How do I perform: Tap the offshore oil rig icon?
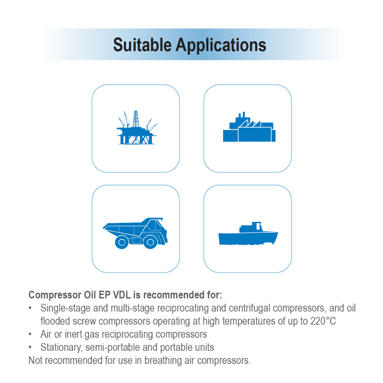coord(135,128)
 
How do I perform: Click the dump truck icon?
coord(135,232)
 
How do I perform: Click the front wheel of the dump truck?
coord(150,242)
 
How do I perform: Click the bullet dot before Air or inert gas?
coord(30,334)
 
